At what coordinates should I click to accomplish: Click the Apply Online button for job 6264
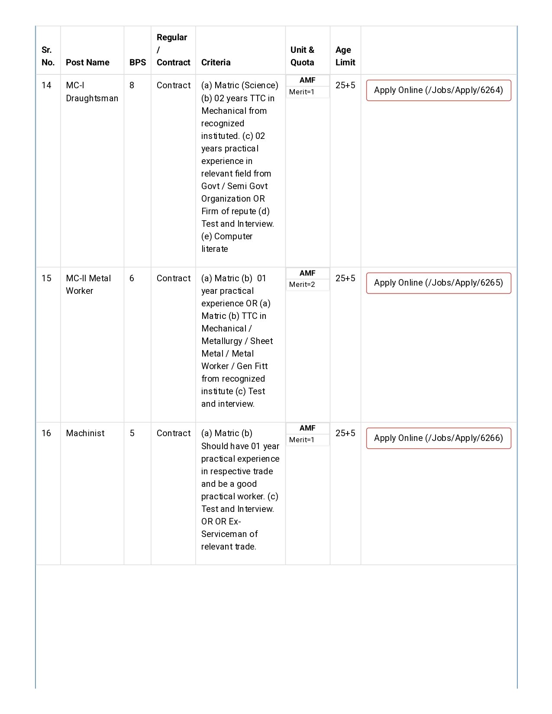(438, 90)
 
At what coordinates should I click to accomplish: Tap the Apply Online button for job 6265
(438, 283)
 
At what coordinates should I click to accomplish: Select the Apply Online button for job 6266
(438, 438)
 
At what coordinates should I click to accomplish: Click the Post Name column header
(87, 62)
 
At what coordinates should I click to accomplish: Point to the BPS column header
(138, 62)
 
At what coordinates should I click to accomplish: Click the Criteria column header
(216, 62)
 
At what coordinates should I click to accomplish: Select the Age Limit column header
(345, 56)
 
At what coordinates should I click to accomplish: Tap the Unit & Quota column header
(302, 56)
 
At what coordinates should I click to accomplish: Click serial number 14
(46, 85)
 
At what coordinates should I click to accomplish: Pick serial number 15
(46, 278)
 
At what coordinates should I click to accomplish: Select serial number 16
(46, 433)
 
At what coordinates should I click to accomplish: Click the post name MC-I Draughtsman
(91, 92)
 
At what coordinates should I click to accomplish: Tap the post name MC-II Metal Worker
(88, 284)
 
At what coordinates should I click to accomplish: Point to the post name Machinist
(85, 433)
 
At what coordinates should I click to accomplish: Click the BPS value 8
(132, 85)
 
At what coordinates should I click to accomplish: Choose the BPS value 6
(132, 278)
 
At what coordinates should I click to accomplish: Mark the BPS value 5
(132, 433)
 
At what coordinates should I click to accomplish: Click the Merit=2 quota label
(302, 284)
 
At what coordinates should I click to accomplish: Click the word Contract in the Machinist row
(173, 433)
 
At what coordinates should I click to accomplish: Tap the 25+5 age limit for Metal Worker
(345, 278)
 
